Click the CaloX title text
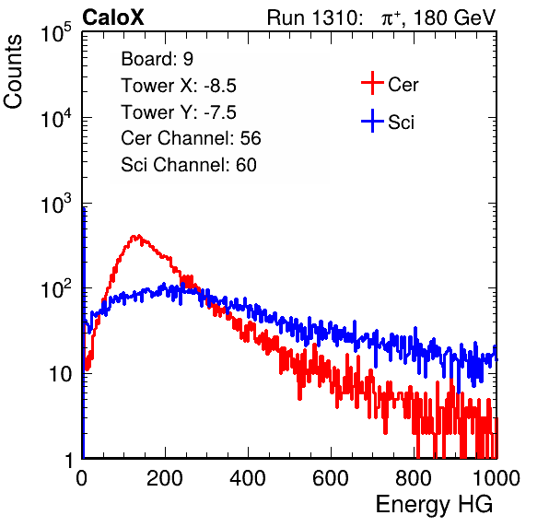point(113,18)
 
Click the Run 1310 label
point(313,18)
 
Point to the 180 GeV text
point(454,18)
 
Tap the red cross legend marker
point(372,83)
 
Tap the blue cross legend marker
point(372,121)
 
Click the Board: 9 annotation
point(157,59)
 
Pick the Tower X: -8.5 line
point(179,86)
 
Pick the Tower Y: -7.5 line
point(179,112)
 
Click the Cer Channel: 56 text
point(191,138)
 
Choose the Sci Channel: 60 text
point(189,165)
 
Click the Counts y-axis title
point(13,72)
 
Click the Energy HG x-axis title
point(434,505)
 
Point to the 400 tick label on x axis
point(248,478)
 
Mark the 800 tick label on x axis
point(414,478)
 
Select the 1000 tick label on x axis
point(496,478)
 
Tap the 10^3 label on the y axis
point(56,204)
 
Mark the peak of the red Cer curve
point(139,236)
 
